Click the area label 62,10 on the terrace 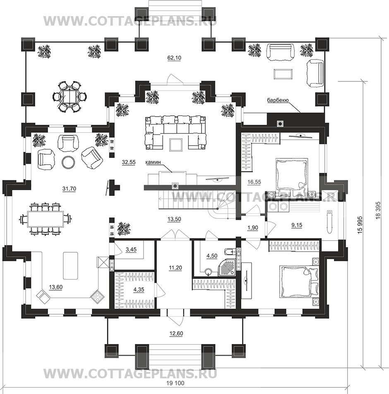(174, 58)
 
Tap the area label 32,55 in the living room (128, 162)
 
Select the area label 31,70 (69, 189)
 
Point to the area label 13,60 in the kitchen (55, 287)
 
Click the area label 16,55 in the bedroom (254, 182)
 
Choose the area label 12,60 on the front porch (176, 334)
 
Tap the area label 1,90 (253, 228)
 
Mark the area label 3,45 (131, 250)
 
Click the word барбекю (278, 100)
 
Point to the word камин (153, 162)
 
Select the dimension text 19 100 (175, 383)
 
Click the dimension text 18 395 (378, 210)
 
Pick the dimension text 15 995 (360, 224)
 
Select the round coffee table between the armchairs (68, 162)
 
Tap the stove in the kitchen (97, 296)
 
